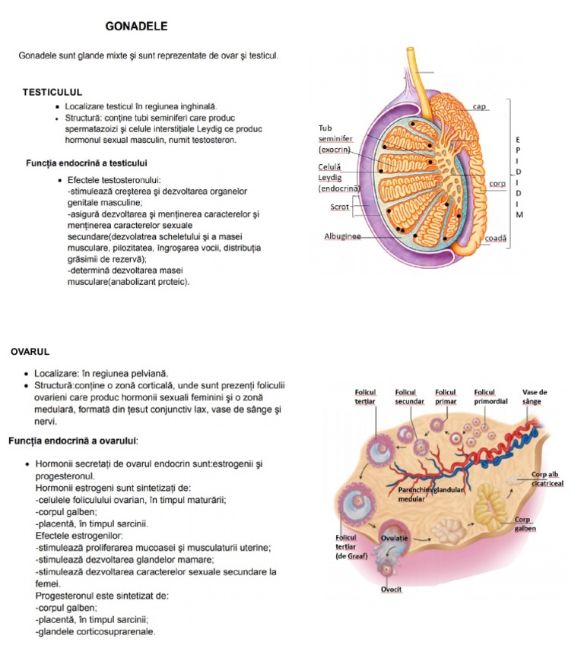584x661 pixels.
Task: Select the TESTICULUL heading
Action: (x=52, y=92)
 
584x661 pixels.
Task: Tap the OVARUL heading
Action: (x=30, y=352)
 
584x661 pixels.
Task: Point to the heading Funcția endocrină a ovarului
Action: (x=73, y=441)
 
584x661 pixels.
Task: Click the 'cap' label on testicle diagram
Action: (x=479, y=106)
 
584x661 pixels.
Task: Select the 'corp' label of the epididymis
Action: (x=497, y=184)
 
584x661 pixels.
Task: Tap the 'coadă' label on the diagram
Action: (x=495, y=238)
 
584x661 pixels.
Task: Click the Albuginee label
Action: (x=342, y=236)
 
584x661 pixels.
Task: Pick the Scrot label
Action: (x=340, y=207)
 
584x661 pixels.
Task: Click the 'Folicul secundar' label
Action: (x=409, y=397)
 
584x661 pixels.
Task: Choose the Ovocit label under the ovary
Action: (x=392, y=590)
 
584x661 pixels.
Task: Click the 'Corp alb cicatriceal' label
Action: (x=547, y=478)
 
